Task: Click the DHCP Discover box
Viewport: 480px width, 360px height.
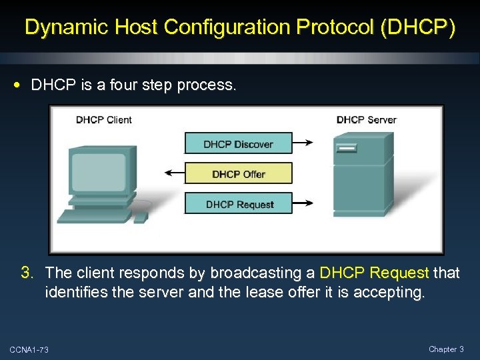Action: point(238,144)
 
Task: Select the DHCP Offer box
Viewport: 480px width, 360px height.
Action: point(238,174)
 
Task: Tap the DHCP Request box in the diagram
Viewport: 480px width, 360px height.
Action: point(238,204)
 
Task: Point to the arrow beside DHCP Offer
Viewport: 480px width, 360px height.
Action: point(174,173)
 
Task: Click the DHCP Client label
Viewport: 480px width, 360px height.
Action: point(103,120)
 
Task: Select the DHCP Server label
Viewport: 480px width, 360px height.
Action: point(366,120)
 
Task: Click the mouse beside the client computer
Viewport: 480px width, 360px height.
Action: point(140,217)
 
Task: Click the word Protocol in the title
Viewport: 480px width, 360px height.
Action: point(328,27)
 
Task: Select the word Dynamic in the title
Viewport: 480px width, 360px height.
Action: point(65,27)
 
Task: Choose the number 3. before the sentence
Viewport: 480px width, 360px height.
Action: point(27,273)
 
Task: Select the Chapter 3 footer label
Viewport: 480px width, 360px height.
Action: point(446,349)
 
